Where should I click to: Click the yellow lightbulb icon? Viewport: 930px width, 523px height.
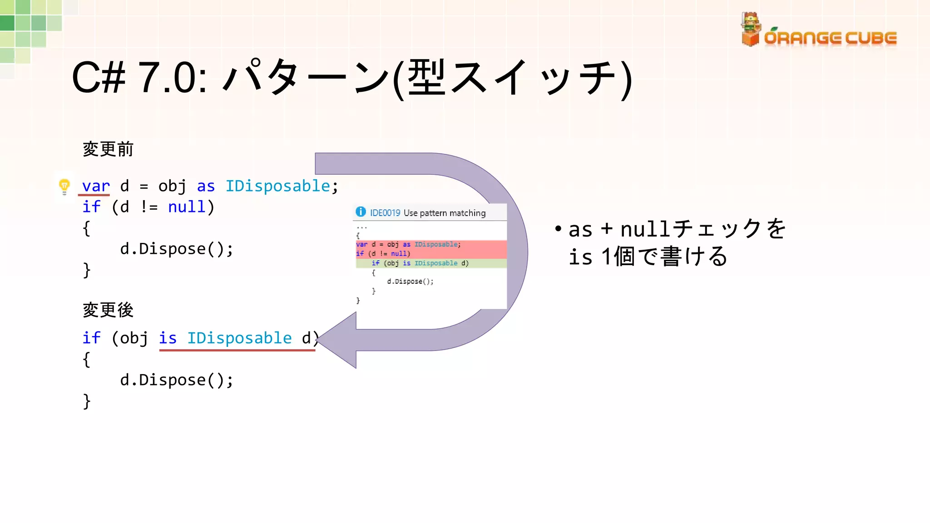[64, 186]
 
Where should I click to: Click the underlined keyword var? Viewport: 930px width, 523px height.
[96, 186]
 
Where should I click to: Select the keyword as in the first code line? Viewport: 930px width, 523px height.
[206, 186]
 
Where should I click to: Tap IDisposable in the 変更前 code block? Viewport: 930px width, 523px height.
[277, 186]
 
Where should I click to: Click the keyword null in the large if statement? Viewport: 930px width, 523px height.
[187, 207]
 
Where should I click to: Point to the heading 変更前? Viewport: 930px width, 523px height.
[108, 149]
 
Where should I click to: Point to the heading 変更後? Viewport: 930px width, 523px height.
[108, 310]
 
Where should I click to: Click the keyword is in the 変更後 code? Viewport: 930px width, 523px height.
[168, 338]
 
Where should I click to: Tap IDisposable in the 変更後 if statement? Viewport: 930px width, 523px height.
[239, 338]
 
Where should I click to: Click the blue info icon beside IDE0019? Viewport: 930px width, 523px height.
[361, 212]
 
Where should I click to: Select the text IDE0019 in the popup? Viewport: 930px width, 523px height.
[385, 213]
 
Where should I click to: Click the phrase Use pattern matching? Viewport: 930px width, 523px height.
[444, 213]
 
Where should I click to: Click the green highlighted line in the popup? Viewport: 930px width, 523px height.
[431, 263]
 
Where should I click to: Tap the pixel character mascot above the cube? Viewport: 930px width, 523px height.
[750, 22]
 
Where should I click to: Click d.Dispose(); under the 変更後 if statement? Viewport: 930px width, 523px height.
[177, 380]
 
